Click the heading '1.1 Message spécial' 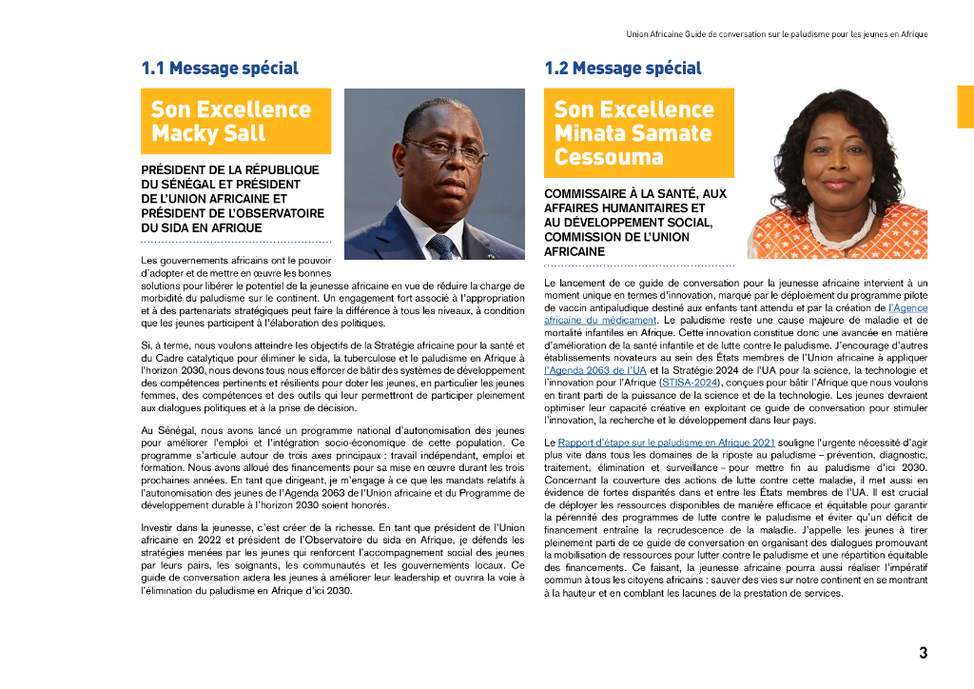(x=220, y=69)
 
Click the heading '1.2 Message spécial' (x=623, y=69)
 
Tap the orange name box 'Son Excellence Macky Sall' (x=235, y=121)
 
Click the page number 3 (x=923, y=653)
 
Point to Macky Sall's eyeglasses (x=444, y=149)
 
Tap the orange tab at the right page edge (x=964, y=108)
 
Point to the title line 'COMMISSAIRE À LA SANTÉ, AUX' (x=634, y=193)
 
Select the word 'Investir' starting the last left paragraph (x=157, y=527)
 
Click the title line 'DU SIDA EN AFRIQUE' (x=201, y=228)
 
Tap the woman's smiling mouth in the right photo (x=839, y=185)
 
